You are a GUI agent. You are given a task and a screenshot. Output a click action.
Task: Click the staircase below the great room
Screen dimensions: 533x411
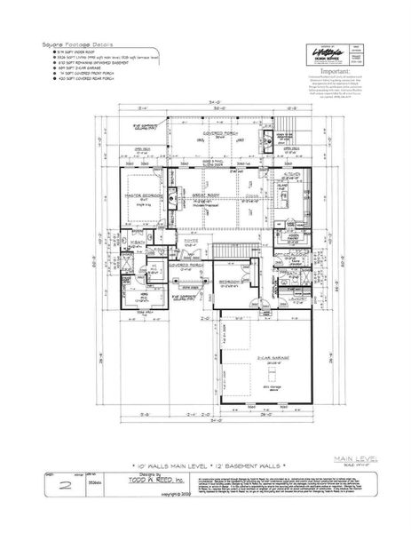227,251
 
